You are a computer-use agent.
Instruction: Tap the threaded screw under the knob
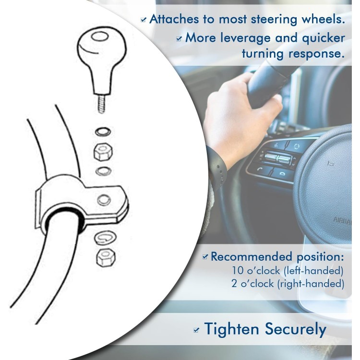coord(102,104)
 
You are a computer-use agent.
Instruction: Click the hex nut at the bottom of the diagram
coord(106,258)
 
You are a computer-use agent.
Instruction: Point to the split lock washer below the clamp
coord(106,237)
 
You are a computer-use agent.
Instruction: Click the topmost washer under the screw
coord(103,132)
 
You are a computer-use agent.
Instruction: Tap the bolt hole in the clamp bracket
coord(104,200)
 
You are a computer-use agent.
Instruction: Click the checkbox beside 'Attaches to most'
coord(144,20)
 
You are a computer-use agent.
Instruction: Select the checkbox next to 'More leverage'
coord(179,39)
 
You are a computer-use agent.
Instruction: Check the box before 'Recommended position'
coord(205,257)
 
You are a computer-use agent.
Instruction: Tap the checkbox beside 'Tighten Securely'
coord(196,330)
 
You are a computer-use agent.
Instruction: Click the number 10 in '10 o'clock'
coord(238,270)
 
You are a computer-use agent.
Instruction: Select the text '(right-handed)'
coord(311,284)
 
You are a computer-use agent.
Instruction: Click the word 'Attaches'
coord(174,19)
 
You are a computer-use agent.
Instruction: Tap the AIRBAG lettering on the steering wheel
coord(342,221)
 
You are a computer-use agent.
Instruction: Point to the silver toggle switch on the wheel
coord(278,158)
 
